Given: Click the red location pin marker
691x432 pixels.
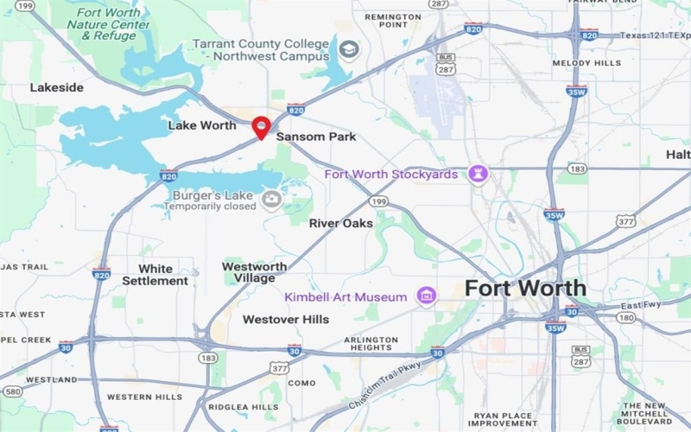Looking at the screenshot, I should tap(262, 126).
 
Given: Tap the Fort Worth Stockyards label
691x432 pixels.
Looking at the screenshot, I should tap(393, 175).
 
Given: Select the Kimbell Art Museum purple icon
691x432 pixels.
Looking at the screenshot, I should tap(425, 296).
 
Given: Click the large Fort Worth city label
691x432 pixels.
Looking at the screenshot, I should tap(525, 289).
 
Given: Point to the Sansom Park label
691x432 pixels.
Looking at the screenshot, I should tap(316, 137).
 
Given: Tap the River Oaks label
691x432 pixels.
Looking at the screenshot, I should tap(341, 223).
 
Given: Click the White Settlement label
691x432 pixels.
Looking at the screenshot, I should tap(155, 275).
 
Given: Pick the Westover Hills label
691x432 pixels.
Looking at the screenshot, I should tap(286, 320).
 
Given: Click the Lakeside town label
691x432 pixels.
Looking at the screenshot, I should tap(57, 87).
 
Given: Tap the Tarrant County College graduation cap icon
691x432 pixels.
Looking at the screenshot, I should tap(348, 48).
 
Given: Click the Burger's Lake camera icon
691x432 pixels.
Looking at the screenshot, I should tap(272, 200).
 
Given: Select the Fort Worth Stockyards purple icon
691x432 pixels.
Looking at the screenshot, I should tap(478, 175).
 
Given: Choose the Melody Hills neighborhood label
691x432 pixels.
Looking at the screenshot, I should tap(586, 63).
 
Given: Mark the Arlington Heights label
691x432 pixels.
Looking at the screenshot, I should tap(371, 345).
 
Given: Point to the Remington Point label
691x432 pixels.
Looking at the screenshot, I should tap(392, 21).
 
